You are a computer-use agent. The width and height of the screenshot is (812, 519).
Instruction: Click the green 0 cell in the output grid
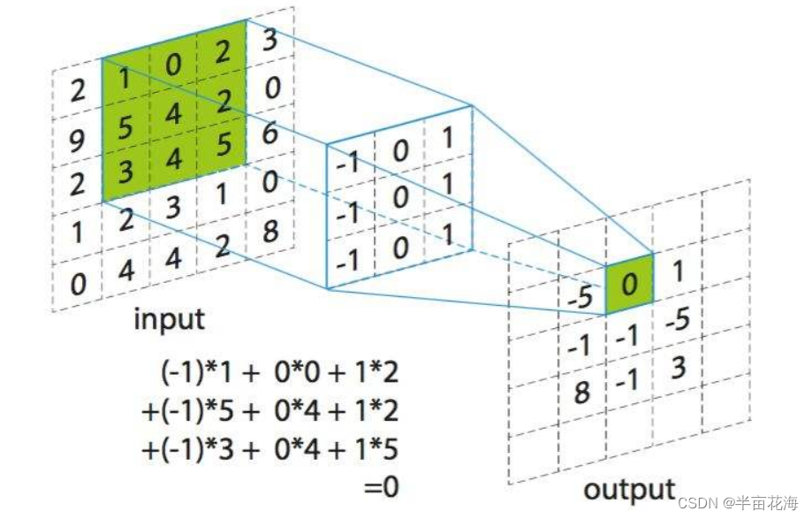click(x=630, y=283)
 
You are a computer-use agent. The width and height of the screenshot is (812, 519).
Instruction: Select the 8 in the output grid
click(x=581, y=391)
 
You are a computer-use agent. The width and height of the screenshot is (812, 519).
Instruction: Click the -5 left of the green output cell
click(x=580, y=299)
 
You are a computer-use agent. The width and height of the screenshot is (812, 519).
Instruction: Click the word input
click(x=169, y=318)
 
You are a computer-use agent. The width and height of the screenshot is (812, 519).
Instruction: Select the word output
click(x=629, y=488)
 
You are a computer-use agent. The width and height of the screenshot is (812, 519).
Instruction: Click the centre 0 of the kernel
click(x=401, y=196)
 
